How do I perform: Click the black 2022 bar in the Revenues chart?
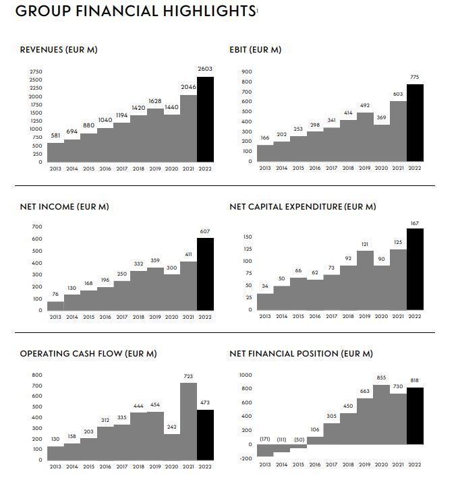click(205, 120)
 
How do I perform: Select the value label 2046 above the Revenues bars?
click(188, 87)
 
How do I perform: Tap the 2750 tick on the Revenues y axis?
click(36, 72)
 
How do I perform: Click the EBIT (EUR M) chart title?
click(256, 50)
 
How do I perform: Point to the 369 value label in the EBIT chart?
click(381, 117)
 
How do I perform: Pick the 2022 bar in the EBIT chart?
click(415, 123)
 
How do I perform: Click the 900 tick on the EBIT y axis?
click(247, 72)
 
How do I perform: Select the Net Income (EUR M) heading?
click(64, 207)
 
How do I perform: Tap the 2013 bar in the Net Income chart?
click(55, 305)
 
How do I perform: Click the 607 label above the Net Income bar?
click(205, 231)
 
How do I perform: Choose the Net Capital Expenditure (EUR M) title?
click(303, 207)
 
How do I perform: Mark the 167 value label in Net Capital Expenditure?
click(415, 222)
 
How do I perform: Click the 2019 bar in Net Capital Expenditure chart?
click(365, 280)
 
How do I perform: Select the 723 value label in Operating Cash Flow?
click(188, 376)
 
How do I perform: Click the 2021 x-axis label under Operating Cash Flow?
click(188, 466)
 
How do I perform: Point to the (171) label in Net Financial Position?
click(265, 439)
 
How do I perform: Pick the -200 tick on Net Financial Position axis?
click(245, 458)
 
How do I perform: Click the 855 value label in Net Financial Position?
click(381, 378)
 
